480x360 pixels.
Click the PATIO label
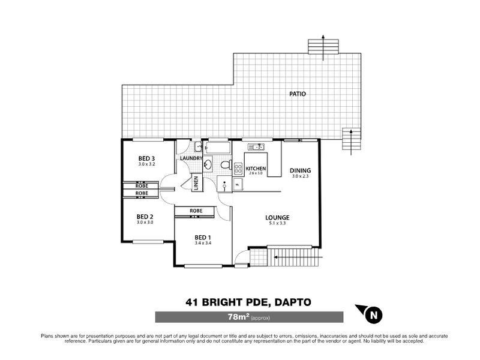coord(297,94)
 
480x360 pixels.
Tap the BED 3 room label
coord(146,158)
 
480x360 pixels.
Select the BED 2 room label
coord(145,217)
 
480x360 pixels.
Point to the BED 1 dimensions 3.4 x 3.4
coord(203,243)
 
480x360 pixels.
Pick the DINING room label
coord(300,170)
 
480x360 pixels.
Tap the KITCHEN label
coord(256,169)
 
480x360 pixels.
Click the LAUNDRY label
coord(191,158)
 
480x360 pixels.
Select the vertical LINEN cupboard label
coord(196,182)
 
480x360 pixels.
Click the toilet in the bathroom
coord(225,164)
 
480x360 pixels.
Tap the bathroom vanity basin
coord(208,164)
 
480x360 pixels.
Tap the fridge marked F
coord(237,184)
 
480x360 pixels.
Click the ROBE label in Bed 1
coord(195,211)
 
